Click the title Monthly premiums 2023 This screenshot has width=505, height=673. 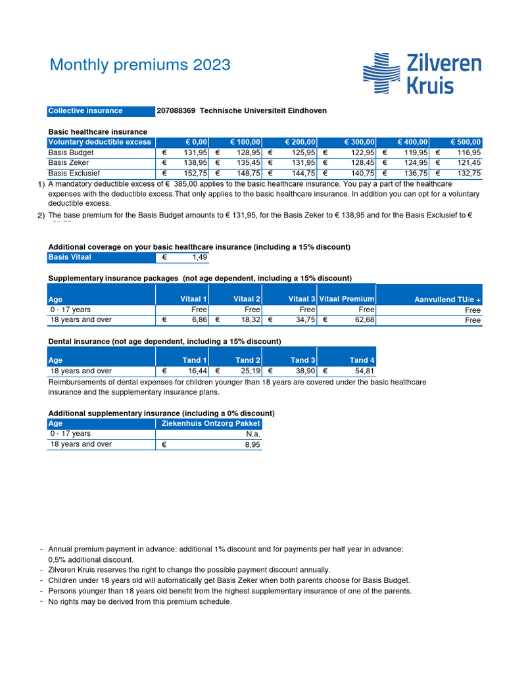tap(140, 64)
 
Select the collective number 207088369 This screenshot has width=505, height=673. tap(176, 111)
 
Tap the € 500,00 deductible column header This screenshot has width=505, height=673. tap(466, 142)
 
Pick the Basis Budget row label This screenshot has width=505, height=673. tap(71, 152)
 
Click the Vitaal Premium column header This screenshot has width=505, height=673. tap(347, 299)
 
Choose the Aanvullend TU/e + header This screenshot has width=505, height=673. tap(447, 300)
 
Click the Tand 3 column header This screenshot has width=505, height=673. tap(303, 360)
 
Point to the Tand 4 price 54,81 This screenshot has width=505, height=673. tap(364, 371)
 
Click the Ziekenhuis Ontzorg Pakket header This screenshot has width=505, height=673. tap(210, 424)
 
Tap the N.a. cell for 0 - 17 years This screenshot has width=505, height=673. tap(252, 434)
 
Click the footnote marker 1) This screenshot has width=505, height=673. tap(41, 185)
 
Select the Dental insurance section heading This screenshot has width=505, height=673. tap(164, 341)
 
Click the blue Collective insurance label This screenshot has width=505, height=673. tap(85, 111)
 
